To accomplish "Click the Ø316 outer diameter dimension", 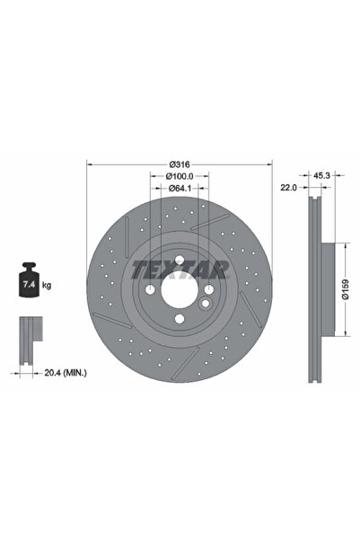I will pos(179,164).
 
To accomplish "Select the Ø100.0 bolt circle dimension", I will pos(179,176).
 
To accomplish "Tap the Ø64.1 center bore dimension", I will pos(179,189).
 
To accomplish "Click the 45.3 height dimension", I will pos(320,176).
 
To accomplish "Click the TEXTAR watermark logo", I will pos(180,268).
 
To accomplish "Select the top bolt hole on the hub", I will pos(179,261).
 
